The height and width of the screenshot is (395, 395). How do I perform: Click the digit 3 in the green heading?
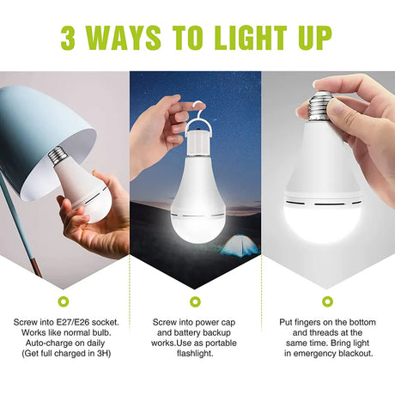tap(68, 38)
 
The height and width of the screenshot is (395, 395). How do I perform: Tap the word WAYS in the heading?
tap(123, 38)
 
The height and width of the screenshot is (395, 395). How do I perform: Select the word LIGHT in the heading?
tap(251, 38)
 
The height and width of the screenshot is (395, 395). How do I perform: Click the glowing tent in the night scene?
tap(240, 246)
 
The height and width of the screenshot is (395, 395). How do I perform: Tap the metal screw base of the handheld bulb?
tap(320, 106)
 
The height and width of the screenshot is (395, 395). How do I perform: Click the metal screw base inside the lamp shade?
tap(58, 155)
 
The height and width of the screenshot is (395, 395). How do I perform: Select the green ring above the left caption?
tap(64, 301)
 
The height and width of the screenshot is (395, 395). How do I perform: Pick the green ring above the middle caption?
tap(196, 301)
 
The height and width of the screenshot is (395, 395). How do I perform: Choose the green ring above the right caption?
tap(327, 301)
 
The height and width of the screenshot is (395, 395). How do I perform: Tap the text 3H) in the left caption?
tap(104, 354)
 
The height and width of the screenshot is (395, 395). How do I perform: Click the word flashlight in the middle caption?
tap(195, 354)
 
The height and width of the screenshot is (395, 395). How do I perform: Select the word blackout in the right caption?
tap(355, 354)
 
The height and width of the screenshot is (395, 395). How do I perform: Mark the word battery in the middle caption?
tap(186, 332)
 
